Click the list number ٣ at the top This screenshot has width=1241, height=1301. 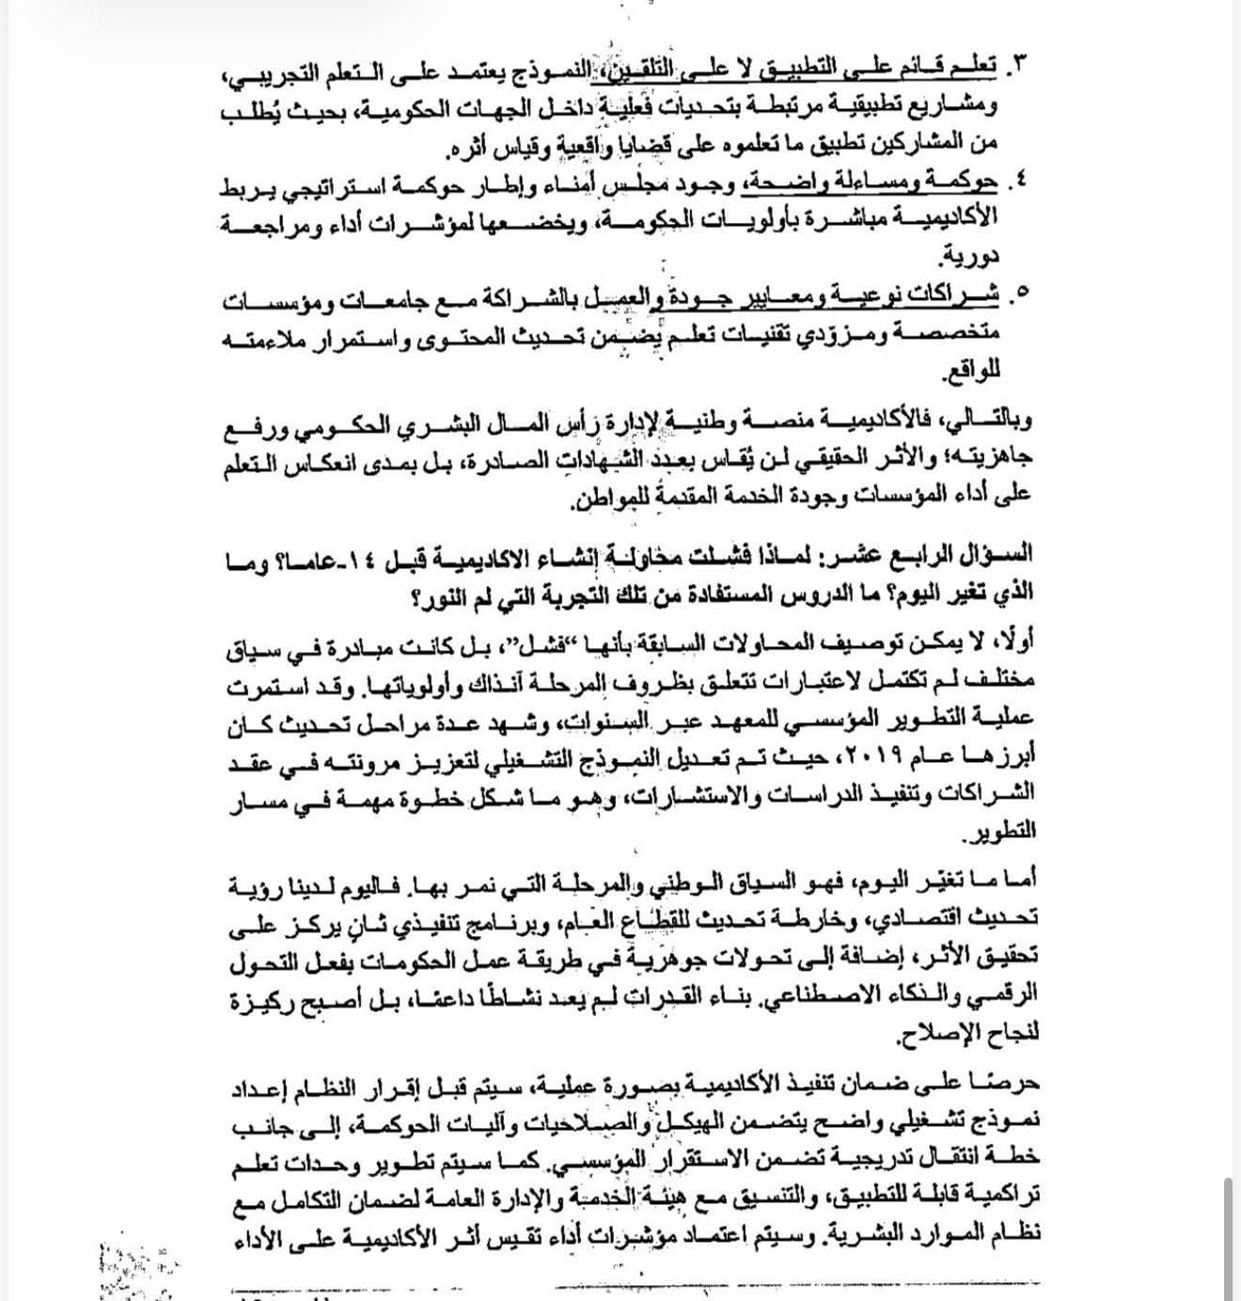[x=1019, y=65]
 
